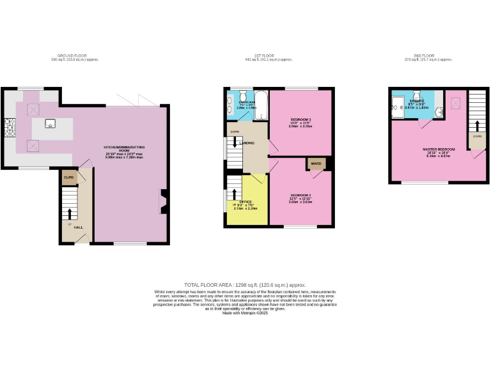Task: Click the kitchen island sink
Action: [49, 125]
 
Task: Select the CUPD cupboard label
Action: [68, 177]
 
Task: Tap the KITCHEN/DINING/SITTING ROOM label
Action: [128, 148]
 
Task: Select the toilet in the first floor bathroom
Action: [243, 94]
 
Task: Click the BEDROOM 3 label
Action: [300, 120]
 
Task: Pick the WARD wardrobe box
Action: [316, 164]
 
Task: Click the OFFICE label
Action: [245, 201]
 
